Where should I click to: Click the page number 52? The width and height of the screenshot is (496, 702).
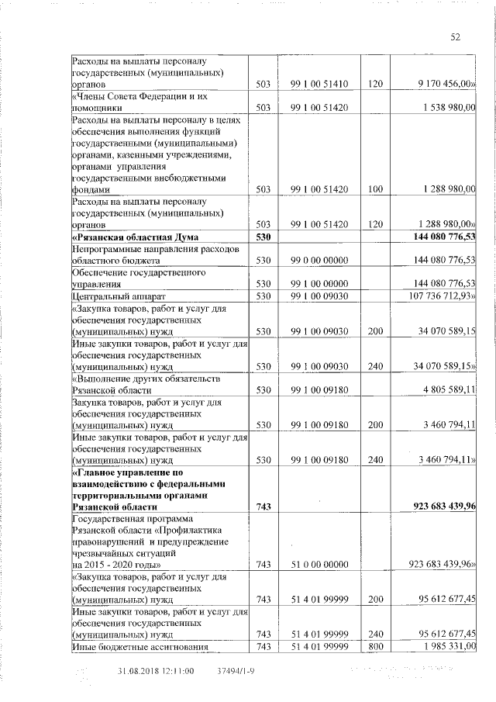(455, 37)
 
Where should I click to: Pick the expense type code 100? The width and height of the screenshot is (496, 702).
(375, 188)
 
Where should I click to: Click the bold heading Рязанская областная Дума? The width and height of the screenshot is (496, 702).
(135, 236)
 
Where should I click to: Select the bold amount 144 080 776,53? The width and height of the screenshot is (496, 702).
(436, 236)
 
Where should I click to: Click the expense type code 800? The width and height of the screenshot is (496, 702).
(375, 648)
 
